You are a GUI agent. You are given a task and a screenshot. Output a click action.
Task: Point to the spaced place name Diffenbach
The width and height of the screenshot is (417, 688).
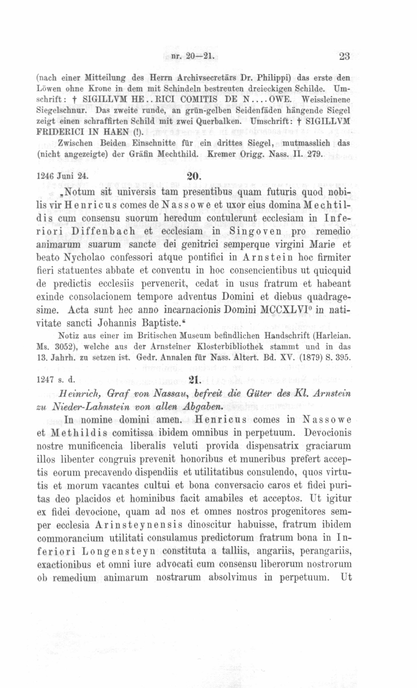tap(103, 231)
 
